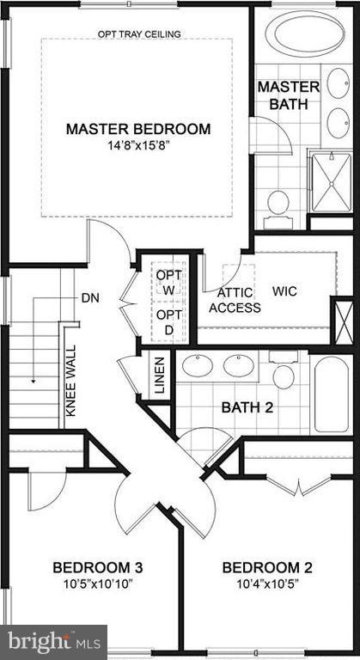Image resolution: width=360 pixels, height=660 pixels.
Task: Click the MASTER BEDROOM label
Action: [x=138, y=129]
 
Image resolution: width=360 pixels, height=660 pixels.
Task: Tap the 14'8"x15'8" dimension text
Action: [x=138, y=145]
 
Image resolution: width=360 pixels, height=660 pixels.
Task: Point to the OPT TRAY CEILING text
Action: [x=138, y=35]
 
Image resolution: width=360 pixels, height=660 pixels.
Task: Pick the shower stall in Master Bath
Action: [x=330, y=180]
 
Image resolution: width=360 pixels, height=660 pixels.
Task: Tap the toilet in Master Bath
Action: [x=278, y=205]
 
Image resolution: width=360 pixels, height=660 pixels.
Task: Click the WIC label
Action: [x=286, y=291]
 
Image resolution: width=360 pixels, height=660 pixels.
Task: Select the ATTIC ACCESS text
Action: [x=235, y=300]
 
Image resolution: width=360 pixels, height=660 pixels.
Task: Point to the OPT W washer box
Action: [x=167, y=282]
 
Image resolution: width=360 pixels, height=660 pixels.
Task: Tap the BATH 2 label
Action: [x=247, y=407]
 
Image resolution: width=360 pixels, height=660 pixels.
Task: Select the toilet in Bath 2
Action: [x=284, y=373]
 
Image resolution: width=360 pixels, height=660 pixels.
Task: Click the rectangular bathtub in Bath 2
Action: [x=332, y=396]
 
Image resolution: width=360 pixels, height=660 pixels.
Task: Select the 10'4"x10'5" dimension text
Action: [x=266, y=584]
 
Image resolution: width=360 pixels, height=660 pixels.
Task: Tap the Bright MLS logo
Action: [x=53, y=641]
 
